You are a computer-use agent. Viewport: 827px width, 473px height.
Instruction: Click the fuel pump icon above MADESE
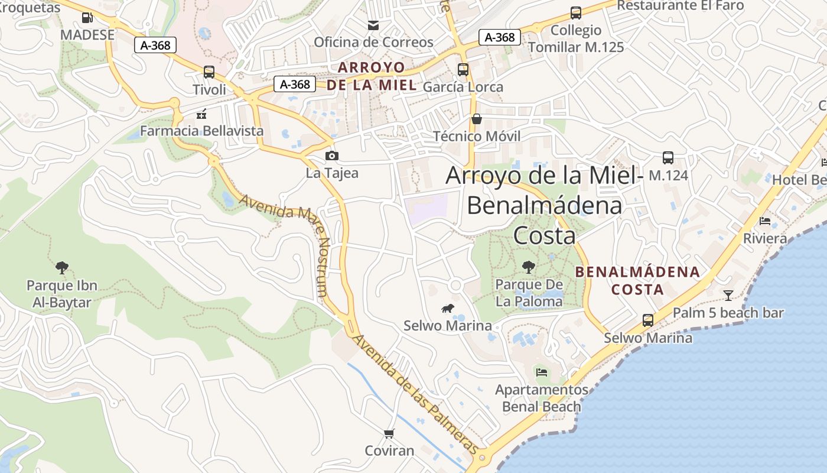point(87,18)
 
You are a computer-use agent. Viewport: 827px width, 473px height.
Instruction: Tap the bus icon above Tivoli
point(209,72)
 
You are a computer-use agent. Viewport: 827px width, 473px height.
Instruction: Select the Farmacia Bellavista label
point(201,131)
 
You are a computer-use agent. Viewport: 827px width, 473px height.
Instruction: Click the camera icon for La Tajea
point(332,155)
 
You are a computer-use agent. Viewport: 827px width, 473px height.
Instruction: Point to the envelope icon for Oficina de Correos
point(373,25)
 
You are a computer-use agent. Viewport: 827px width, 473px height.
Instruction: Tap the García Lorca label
point(463,87)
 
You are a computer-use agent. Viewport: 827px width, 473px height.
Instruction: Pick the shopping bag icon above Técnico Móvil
point(477,119)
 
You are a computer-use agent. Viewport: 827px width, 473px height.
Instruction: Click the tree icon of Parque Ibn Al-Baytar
point(61,268)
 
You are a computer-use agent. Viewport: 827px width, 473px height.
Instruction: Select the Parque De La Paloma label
point(529,293)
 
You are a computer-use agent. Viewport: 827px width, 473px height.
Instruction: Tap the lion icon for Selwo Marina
point(448,308)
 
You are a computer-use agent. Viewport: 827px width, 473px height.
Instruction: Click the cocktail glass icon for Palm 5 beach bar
point(728,295)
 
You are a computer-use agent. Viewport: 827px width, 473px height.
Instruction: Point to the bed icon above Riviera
point(765,221)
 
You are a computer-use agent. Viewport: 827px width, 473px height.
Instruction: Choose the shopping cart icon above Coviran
point(389,433)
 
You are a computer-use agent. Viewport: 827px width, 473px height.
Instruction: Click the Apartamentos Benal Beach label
point(541,398)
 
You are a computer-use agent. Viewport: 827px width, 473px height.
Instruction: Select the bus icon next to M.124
point(668,158)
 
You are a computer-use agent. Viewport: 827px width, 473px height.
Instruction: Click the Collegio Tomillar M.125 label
point(575,38)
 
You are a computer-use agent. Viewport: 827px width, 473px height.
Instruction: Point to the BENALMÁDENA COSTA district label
point(637,281)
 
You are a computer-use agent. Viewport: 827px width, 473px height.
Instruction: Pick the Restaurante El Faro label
point(681,6)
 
